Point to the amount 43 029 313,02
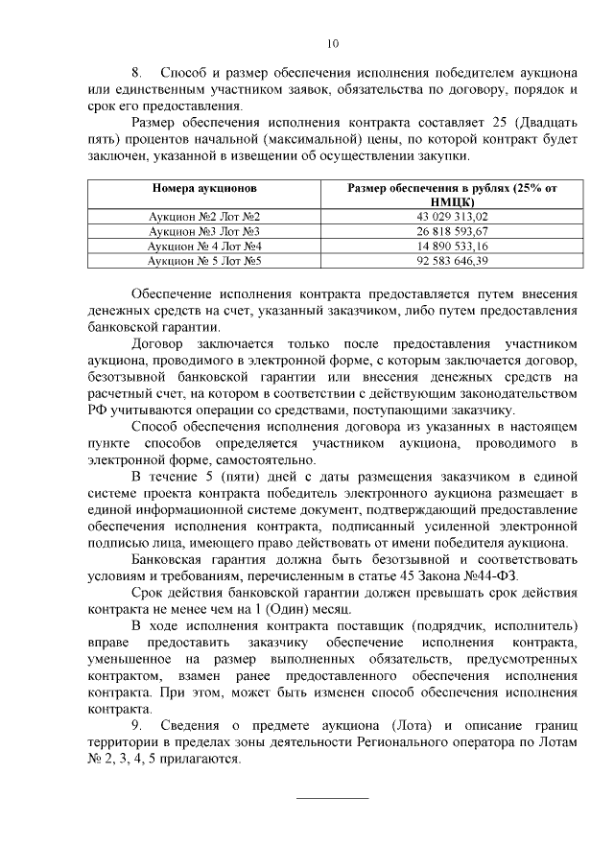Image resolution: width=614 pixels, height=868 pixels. coord(452,218)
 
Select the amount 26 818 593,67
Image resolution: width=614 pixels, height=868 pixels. coord(452,232)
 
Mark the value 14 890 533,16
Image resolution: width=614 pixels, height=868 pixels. coord(452,246)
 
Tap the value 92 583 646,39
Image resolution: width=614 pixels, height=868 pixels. coord(452,261)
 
